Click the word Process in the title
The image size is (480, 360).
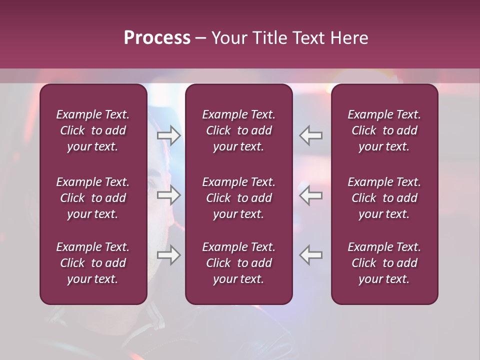click(157, 38)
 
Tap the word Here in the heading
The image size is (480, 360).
click(348, 38)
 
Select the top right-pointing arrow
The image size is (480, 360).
click(169, 135)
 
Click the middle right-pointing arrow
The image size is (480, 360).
click(169, 195)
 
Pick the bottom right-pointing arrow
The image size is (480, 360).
click(169, 255)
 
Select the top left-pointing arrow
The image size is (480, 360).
click(310, 135)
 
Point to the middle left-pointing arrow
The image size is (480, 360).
click(310, 195)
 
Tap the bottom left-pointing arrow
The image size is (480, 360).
click(310, 255)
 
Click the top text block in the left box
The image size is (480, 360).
click(93, 130)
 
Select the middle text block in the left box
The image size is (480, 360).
click(93, 198)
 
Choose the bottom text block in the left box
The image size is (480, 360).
click(93, 263)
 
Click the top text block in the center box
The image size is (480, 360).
click(239, 130)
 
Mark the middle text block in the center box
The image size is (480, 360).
click(239, 198)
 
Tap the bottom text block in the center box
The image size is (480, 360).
click(239, 263)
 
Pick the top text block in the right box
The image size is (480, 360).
click(384, 130)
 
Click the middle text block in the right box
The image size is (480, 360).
click(384, 198)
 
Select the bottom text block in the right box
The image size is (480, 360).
click(384, 263)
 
